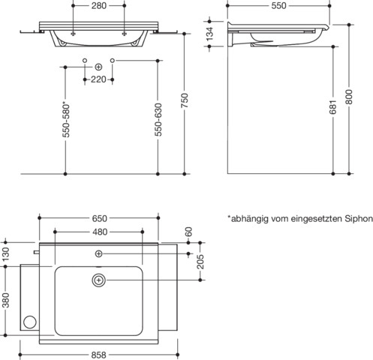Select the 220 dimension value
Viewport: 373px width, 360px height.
(x=98, y=79)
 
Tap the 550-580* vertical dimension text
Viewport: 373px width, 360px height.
(x=66, y=119)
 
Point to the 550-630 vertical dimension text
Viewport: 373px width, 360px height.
(x=158, y=119)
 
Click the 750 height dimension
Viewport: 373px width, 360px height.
(x=185, y=100)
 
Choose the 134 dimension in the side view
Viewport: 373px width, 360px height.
(x=211, y=34)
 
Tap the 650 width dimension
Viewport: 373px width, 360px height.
(x=99, y=218)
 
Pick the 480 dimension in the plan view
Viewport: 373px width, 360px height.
(x=99, y=232)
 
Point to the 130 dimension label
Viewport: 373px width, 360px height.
(x=5, y=254)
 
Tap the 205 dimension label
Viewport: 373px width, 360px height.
(x=200, y=261)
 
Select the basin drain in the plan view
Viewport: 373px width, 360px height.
(x=99, y=280)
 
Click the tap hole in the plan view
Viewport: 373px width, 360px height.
(x=99, y=255)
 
